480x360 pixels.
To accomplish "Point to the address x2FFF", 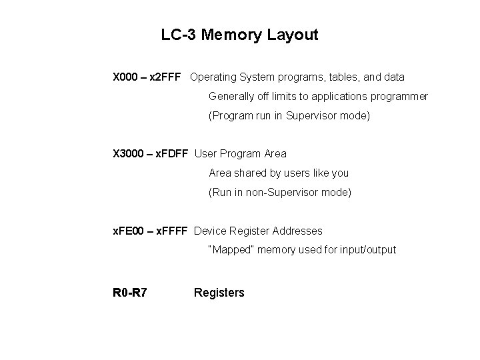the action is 166,77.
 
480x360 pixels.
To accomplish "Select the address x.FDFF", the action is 171,154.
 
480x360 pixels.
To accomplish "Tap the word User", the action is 205,154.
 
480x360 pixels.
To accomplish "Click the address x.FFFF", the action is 173,231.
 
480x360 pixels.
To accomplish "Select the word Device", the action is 210,231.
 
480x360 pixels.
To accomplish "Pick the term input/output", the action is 367,250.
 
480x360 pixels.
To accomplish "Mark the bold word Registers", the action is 219,293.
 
